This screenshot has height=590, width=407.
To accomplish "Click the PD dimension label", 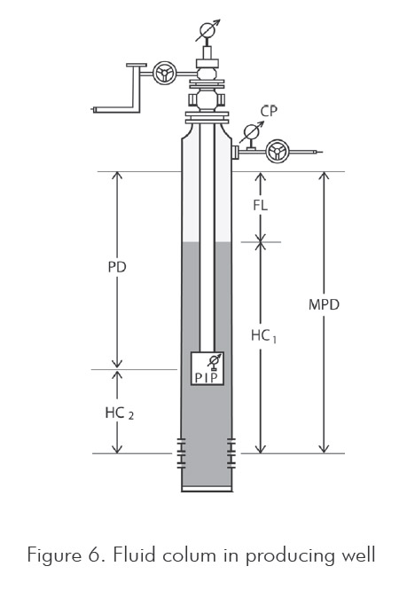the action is [x=117, y=267].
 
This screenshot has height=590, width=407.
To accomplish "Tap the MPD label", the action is [x=324, y=304].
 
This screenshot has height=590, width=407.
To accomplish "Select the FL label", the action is [x=261, y=205].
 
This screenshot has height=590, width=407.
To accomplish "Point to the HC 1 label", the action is [x=263, y=335].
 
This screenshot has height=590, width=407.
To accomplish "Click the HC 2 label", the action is [x=119, y=413].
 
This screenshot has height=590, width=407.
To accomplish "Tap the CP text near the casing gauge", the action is [x=269, y=112].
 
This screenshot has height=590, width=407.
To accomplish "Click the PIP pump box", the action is [x=207, y=368].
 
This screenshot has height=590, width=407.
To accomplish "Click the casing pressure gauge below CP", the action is [x=251, y=132].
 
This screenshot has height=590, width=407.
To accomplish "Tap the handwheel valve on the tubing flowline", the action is [x=164, y=73].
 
